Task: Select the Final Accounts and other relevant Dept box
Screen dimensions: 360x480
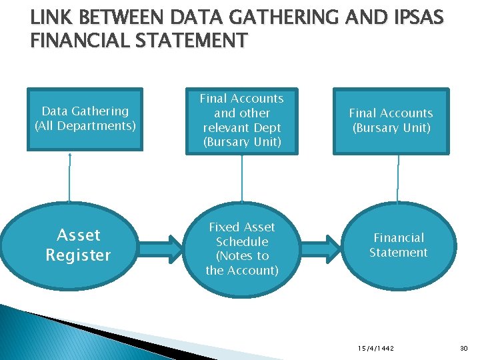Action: click(x=242, y=121)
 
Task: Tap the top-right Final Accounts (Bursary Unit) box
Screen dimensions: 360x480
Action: click(x=391, y=121)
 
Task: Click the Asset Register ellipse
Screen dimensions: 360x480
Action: click(x=78, y=245)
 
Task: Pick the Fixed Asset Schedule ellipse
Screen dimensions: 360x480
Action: click(x=242, y=248)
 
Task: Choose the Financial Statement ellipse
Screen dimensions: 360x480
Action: click(x=399, y=245)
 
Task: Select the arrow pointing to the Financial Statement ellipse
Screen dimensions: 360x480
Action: click(x=329, y=247)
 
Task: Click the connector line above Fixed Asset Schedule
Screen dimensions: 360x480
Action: click(x=241, y=178)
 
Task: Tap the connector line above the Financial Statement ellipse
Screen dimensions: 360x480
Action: click(x=398, y=178)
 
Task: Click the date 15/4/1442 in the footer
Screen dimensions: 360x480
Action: click(x=376, y=348)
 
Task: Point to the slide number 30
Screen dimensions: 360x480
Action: click(x=465, y=348)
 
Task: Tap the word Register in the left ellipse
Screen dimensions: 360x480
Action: click(x=78, y=255)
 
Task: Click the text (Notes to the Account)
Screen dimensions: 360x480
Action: click(x=242, y=263)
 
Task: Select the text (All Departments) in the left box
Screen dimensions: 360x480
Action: click(x=85, y=125)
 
